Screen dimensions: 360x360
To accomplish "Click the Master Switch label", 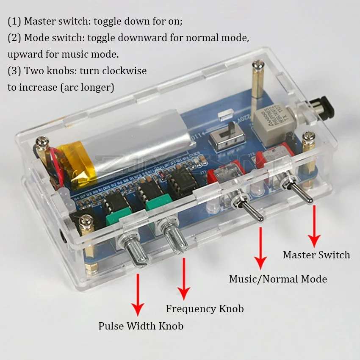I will tap(316, 255).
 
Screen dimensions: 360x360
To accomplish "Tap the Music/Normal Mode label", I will tap(278, 279).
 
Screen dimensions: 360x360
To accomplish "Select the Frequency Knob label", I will tap(205, 309).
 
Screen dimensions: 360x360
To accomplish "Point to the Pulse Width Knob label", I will tap(141, 326).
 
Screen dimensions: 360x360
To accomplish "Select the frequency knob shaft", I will tap(175, 239).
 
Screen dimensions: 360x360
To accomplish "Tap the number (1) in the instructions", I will tap(14, 21).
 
